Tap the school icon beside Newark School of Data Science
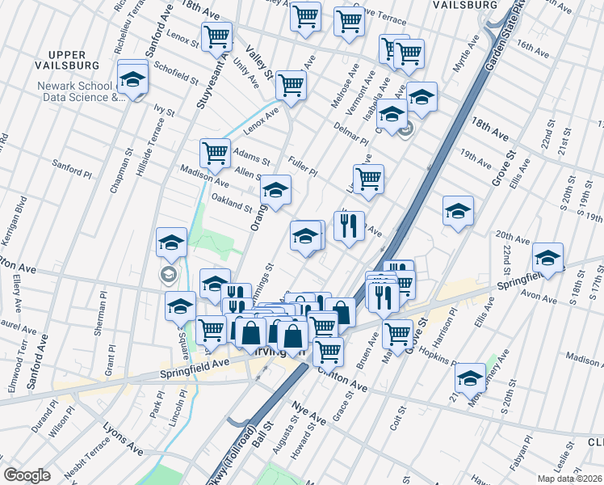(132, 79)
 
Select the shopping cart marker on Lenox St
(216, 36)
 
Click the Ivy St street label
(165, 109)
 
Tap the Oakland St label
(231, 201)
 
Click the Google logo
(27, 475)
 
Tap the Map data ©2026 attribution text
(570, 479)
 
